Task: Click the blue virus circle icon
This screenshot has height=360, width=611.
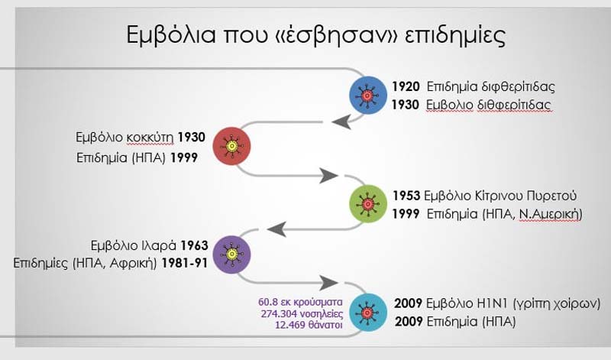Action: click(x=368, y=96)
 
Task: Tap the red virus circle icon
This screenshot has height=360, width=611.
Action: click(x=232, y=146)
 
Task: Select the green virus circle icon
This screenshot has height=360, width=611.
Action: click(x=368, y=204)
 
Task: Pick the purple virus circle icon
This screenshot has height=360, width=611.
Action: click(x=232, y=255)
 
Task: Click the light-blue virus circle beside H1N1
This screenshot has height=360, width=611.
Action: click(x=368, y=313)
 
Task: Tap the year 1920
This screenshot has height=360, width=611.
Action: click(x=406, y=86)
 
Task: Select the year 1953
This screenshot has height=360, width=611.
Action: click(x=406, y=196)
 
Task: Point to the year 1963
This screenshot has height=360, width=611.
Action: click(x=195, y=245)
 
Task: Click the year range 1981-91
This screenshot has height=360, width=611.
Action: click(x=184, y=263)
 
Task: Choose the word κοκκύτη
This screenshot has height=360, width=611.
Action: click(x=150, y=138)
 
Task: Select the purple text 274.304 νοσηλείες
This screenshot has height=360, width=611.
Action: click(x=302, y=313)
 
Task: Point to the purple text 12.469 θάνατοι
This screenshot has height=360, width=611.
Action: click(x=309, y=325)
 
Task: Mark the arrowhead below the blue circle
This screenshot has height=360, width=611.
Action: click(x=341, y=122)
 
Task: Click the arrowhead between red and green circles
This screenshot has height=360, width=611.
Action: click(x=328, y=176)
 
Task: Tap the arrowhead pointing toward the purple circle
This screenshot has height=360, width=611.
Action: click(x=277, y=229)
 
